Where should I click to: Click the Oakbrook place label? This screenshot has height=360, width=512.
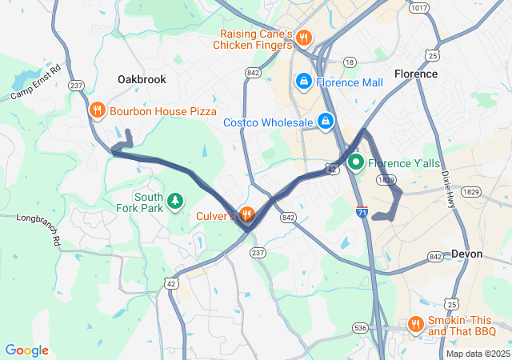(141, 80)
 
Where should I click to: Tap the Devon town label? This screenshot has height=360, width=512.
(466, 254)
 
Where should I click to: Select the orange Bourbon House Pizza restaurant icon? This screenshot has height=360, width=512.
(98, 110)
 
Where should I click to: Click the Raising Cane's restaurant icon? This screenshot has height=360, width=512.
(303, 38)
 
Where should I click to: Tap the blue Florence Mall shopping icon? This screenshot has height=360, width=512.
(304, 82)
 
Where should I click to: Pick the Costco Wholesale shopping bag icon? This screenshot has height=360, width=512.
(326, 122)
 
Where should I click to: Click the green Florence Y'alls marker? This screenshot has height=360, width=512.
(355, 163)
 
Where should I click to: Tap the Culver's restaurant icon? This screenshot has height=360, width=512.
(246, 214)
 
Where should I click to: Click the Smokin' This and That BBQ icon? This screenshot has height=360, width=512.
(415, 324)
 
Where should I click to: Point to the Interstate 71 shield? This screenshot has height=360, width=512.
(362, 212)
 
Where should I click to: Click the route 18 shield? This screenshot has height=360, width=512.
(349, 62)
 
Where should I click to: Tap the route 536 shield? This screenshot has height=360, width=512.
(362, 327)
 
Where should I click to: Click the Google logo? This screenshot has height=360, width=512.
(27, 350)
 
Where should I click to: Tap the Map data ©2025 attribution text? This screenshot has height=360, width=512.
(477, 354)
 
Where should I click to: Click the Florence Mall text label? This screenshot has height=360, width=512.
(349, 82)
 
